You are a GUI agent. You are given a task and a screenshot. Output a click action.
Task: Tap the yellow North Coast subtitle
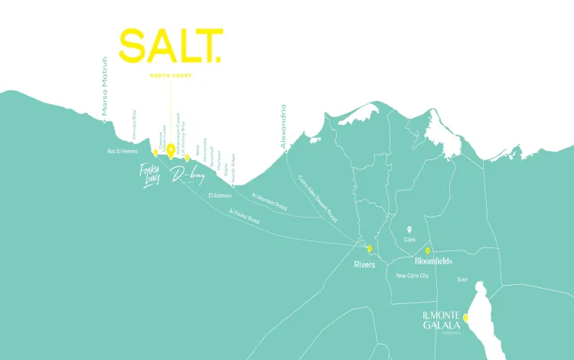click(171, 76)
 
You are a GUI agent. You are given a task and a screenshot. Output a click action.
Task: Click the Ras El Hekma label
click(122, 151)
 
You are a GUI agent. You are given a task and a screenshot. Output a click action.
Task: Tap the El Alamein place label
click(220, 195)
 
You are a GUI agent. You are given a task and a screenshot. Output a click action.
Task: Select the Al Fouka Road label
click(244, 215)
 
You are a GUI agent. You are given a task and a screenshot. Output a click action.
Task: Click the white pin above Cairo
click(409, 229)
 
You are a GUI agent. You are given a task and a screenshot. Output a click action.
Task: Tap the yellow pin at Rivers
click(369, 249)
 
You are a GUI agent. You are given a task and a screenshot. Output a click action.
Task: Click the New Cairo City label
click(413, 276)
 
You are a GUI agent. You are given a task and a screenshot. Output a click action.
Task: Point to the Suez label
click(461, 280)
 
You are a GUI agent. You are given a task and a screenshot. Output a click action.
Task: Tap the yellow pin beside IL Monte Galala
click(465, 317)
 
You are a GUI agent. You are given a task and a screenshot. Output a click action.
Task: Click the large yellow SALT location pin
click(171, 152)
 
